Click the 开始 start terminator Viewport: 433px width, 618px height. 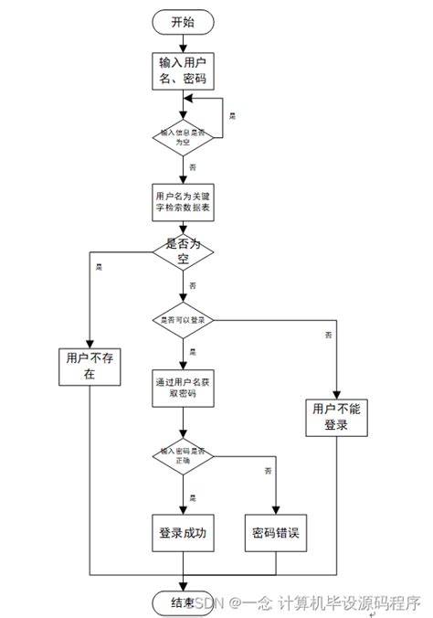click(x=184, y=21)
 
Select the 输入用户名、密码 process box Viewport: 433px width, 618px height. click(x=184, y=71)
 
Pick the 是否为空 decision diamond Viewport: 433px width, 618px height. click(x=184, y=253)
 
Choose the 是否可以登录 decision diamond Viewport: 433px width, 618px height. click(x=184, y=320)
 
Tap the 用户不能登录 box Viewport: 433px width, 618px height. click(x=337, y=418)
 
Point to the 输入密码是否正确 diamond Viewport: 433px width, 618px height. click(x=184, y=455)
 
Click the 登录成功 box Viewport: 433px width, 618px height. click(x=184, y=535)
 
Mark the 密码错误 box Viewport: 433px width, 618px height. click(x=277, y=535)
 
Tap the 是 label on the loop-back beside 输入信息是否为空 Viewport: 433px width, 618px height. click(x=232, y=117)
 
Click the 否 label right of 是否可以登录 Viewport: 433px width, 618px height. click(x=328, y=336)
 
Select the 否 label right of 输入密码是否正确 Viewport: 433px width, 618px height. click(x=268, y=470)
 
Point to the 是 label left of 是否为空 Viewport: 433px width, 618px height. click(x=98, y=267)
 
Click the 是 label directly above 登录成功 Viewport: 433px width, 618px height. click(x=193, y=497)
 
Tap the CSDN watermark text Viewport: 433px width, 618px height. click(x=207, y=603)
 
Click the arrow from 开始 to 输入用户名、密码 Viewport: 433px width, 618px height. click(x=184, y=40)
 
